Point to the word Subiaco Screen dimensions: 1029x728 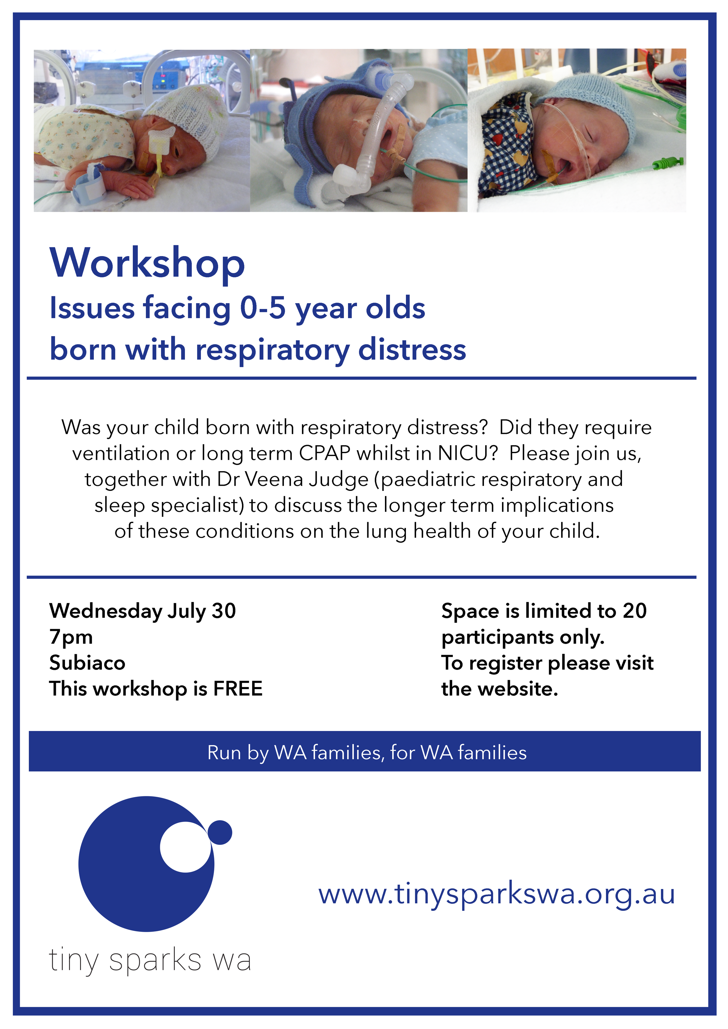pos(87,663)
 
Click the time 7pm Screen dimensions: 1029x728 pos(71,637)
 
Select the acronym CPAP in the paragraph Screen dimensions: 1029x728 pos(324,453)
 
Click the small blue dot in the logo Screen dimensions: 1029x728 pos(220,832)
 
